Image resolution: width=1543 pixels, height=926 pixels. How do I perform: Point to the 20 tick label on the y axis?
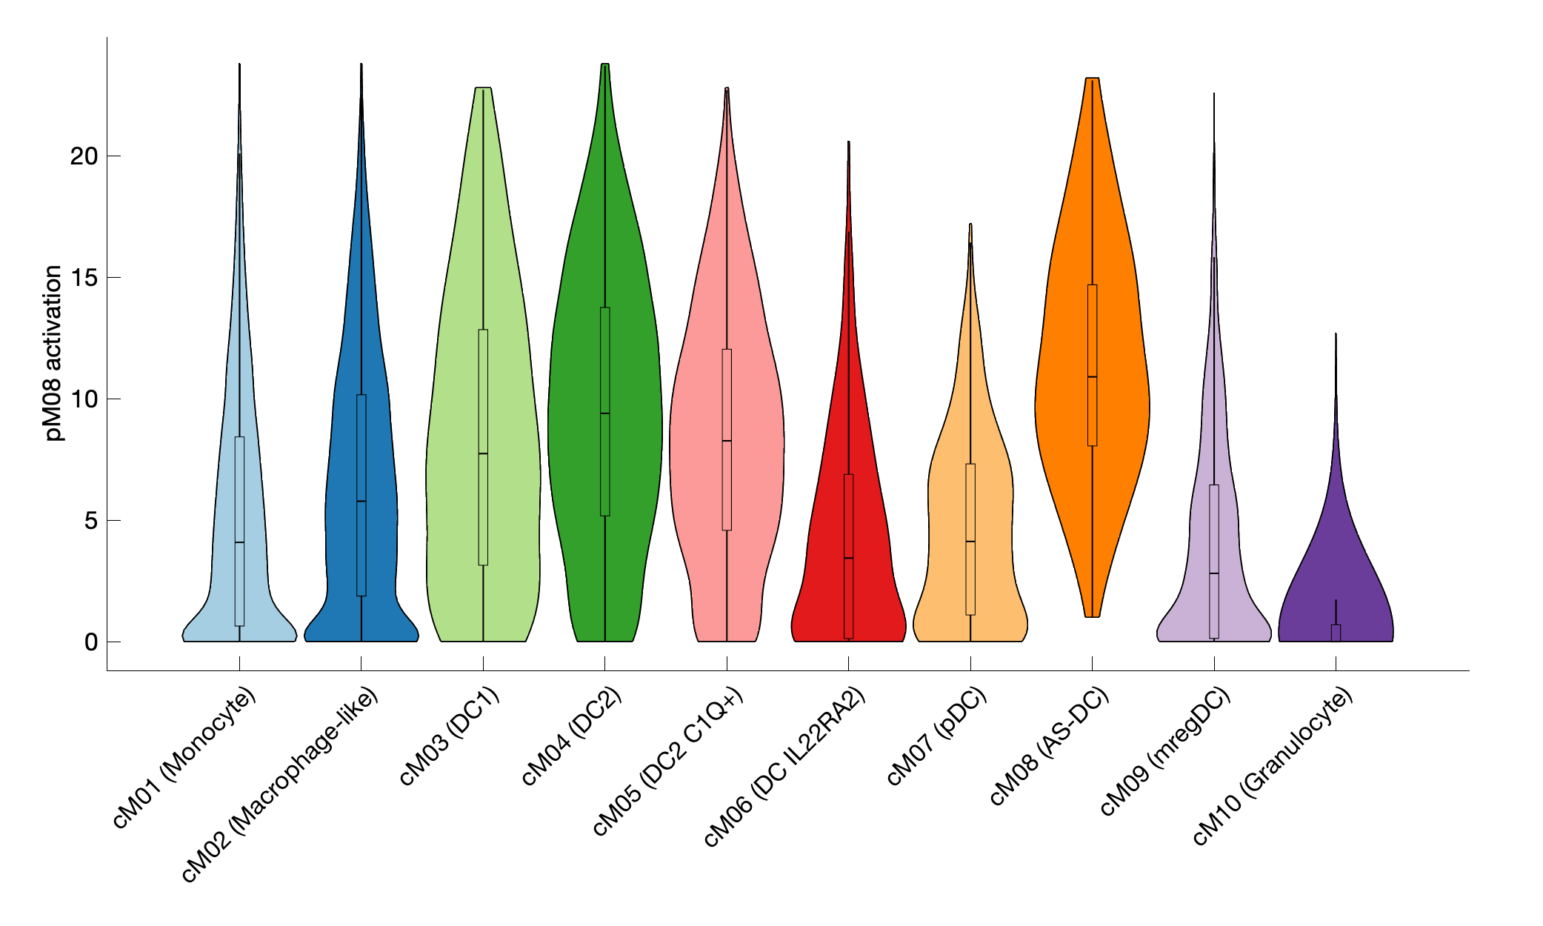click(x=84, y=156)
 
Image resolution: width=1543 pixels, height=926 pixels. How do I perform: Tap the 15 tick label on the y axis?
click(x=84, y=278)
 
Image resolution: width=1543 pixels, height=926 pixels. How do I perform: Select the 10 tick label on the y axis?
click(x=84, y=399)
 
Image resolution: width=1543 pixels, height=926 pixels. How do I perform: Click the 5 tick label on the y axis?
click(x=90, y=521)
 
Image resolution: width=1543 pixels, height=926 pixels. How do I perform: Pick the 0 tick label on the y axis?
click(x=90, y=642)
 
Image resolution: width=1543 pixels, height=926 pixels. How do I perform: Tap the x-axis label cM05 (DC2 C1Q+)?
click(x=669, y=761)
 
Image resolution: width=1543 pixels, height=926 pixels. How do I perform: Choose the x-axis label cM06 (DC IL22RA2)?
click(x=784, y=767)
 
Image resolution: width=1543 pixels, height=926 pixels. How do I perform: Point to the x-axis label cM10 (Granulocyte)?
click(x=1273, y=766)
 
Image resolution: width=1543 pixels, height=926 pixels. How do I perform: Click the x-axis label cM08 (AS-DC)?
click(x=1050, y=746)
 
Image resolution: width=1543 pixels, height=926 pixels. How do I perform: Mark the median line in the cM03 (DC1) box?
click(x=483, y=453)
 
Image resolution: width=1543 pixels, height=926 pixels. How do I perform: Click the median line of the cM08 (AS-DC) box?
click(x=1093, y=377)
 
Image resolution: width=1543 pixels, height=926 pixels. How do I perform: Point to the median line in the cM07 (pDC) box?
click(x=970, y=542)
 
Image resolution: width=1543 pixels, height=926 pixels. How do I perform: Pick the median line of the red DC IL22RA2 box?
click(x=849, y=558)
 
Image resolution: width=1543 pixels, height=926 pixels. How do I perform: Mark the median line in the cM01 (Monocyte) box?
click(x=239, y=542)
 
